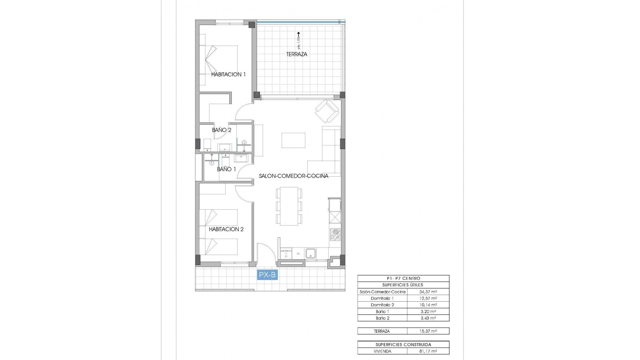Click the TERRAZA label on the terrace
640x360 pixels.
(x=296, y=54)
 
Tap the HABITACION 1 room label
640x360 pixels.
(x=228, y=74)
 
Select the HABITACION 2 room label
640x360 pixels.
(x=226, y=229)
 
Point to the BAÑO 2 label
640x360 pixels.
(x=221, y=130)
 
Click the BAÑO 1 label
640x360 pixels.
(x=226, y=169)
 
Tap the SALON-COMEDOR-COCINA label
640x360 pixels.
(x=294, y=176)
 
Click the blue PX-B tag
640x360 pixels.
(x=267, y=275)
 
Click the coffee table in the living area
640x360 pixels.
(x=293, y=140)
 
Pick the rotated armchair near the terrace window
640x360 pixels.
(x=327, y=111)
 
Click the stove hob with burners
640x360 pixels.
(x=335, y=235)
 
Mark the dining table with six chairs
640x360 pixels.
(x=289, y=206)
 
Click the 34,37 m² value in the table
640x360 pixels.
(x=428, y=292)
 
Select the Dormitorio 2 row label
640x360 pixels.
(x=382, y=305)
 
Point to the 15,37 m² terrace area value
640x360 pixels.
(x=428, y=331)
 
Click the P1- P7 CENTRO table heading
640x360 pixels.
(x=403, y=278)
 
